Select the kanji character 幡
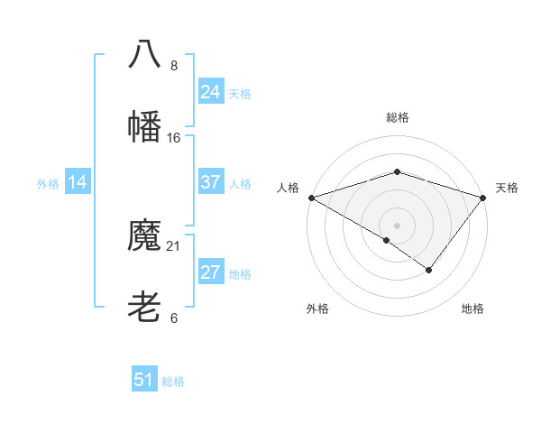(x=144, y=126)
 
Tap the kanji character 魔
(x=144, y=235)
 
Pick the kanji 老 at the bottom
(x=144, y=308)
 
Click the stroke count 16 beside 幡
(x=174, y=138)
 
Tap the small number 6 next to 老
(x=174, y=318)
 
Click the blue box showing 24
(x=211, y=92)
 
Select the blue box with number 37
(x=211, y=182)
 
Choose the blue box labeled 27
(x=211, y=273)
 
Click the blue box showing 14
(x=78, y=183)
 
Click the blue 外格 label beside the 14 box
(x=48, y=184)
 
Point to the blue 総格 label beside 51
(x=173, y=382)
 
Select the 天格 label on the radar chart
(x=507, y=188)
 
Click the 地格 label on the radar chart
(x=472, y=309)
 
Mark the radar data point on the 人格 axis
(x=310, y=198)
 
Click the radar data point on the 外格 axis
(x=387, y=240)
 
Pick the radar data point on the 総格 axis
(x=397, y=171)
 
